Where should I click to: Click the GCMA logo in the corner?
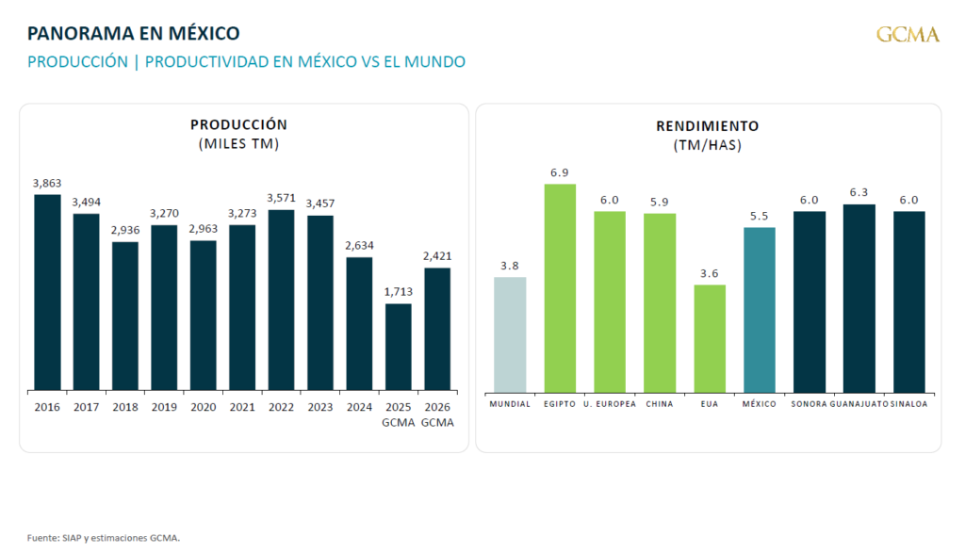pos(908,35)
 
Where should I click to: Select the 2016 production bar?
pos(47,292)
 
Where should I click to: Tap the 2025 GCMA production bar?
pos(399,347)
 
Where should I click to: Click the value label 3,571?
pos(281,198)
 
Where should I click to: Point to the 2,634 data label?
pos(359,246)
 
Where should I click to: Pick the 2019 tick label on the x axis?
pos(164,407)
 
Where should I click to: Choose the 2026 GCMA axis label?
pos(437,415)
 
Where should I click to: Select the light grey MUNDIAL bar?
pos(510,334)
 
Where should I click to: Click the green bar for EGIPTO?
pos(560,287)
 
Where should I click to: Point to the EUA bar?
pos(710,338)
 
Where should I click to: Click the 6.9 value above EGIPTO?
pos(560,173)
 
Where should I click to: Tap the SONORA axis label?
pos(810,404)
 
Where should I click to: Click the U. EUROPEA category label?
pos(610,404)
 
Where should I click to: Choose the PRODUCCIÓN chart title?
pos(238,124)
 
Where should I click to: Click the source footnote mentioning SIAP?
pos(103,538)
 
